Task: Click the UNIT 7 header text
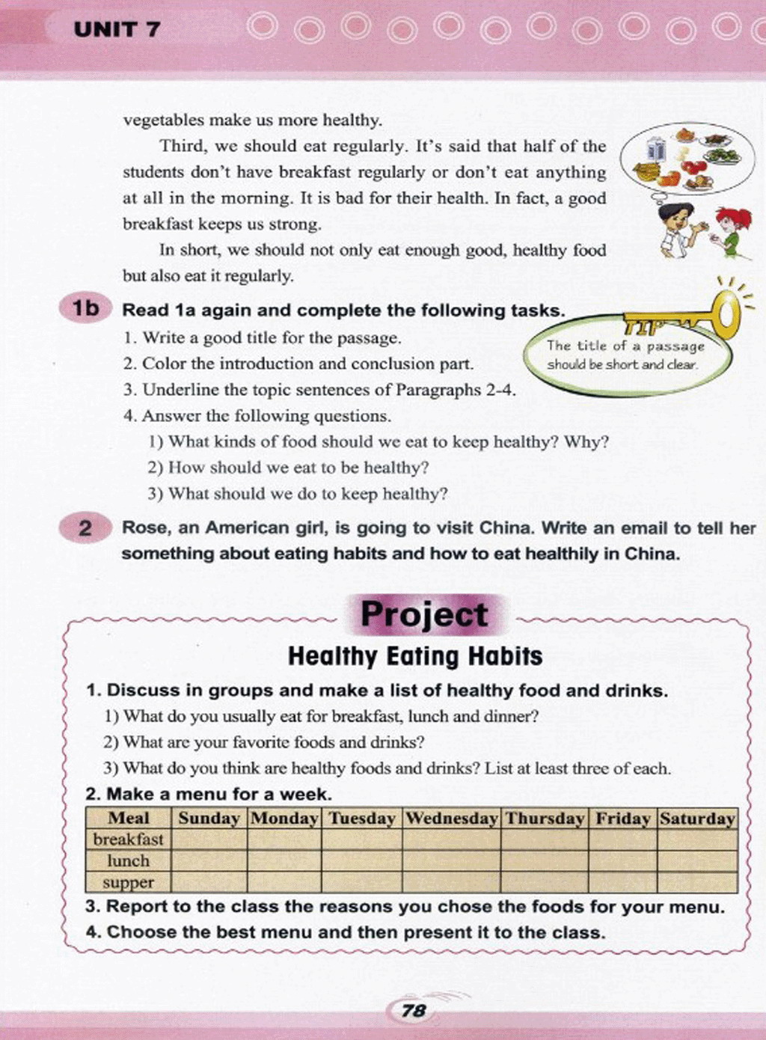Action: (x=117, y=30)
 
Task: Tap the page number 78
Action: (x=413, y=1011)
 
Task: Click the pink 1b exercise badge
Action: (x=86, y=308)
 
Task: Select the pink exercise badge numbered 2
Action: (x=85, y=528)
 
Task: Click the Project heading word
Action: (x=424, y=615)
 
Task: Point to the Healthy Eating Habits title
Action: (x=415, y=656)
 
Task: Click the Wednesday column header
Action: (x=452, y=819)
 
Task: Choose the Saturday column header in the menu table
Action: (x=697, y=819)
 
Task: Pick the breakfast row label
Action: (x=128, y=839)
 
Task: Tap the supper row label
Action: (x=128, y=883)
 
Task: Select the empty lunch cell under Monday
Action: (x=284, y=861)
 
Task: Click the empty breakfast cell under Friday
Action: (x=622, y=839)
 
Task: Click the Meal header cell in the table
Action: (x=128, y=819)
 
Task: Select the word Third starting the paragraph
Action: (x=181, y=146)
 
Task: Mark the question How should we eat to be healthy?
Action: (x=298, y=468)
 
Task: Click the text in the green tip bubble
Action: (x=625, y=355)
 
